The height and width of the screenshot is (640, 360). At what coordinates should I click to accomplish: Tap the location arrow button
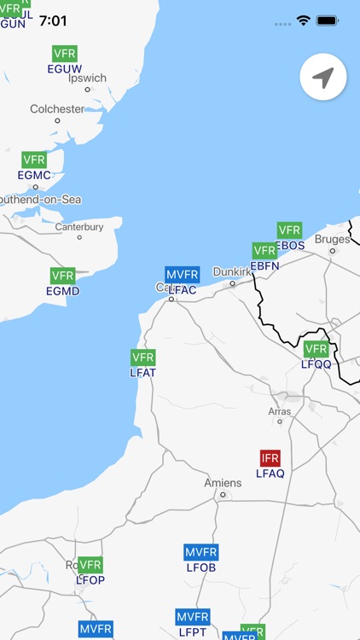tap(322, 79)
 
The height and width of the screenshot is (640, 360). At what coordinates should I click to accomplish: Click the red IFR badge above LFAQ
tap(270, 457)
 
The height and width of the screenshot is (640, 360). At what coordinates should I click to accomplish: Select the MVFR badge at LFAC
tap(183, 275)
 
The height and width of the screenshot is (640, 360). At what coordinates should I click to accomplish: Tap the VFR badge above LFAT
tap(143, 358)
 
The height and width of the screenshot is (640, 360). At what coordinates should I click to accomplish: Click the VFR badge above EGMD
tap(62, 276)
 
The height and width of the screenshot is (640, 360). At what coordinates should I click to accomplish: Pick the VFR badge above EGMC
tap(34, 160)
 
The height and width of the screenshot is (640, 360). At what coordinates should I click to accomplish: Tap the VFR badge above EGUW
tap(65, 54)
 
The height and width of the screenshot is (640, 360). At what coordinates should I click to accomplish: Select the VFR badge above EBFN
tap(264, 251)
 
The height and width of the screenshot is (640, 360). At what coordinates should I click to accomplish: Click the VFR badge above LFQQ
tap(316, 349)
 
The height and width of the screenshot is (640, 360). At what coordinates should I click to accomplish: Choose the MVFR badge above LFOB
tap(201, 552)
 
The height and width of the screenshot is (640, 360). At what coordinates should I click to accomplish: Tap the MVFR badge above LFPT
tap(193, 617)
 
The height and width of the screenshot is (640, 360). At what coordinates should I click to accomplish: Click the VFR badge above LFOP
tap(90, 565)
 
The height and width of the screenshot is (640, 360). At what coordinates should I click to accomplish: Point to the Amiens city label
tap(223, 483)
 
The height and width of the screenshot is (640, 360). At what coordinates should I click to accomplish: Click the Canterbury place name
tap(79, 227)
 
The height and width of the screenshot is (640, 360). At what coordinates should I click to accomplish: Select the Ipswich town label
tap(87, 78)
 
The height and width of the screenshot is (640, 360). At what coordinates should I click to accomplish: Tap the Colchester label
tap(57, 109)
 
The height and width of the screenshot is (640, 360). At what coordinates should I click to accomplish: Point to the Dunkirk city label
tap(232, 271)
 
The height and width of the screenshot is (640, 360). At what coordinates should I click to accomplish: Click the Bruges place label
tap(332, 240)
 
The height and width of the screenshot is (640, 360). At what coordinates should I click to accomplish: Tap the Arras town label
tap(279, 411)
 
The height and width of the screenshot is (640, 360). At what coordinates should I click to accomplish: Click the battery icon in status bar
tap(328, 20)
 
